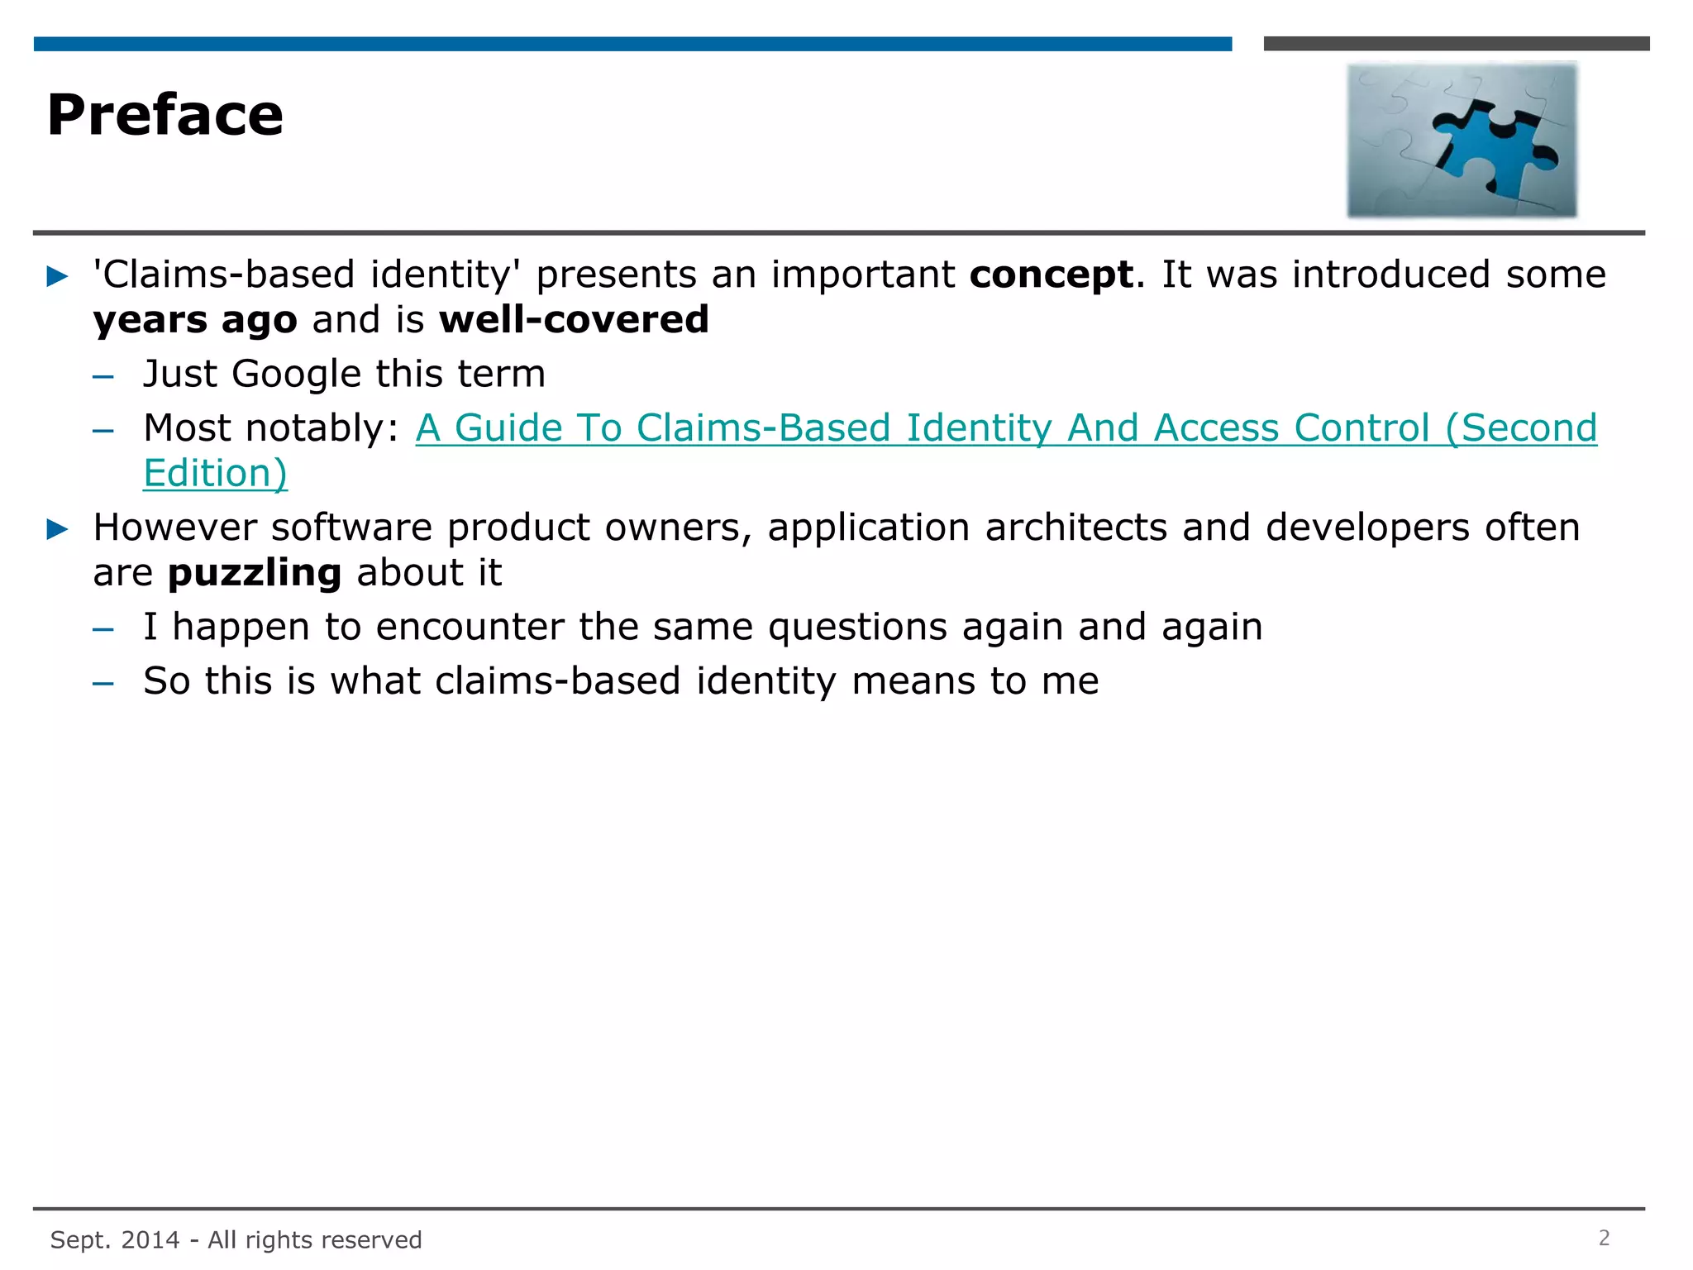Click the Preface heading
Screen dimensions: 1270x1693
click(165, 115)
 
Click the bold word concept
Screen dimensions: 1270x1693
click(1051, 275)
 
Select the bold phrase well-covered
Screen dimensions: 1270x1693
click(574, 320)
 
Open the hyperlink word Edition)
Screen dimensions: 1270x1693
click(215, 474)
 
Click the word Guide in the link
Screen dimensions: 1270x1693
click(508, 428)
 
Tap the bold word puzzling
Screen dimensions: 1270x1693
click(254, 573)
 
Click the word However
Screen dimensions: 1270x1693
click(174, 528)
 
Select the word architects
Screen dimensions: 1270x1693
click(1075, 528)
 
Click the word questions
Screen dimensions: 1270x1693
click(857, 628)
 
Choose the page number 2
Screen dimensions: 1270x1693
click(1604, 1238)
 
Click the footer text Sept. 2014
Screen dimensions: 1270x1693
click(115, 1239)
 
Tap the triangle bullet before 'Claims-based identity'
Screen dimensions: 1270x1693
click(57, 276)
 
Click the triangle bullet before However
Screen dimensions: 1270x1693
click(57, 529)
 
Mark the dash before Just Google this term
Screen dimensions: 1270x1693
click(103, 377)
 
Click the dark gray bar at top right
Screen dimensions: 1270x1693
click(1456, 44)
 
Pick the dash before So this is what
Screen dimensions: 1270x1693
click(103, 684)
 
